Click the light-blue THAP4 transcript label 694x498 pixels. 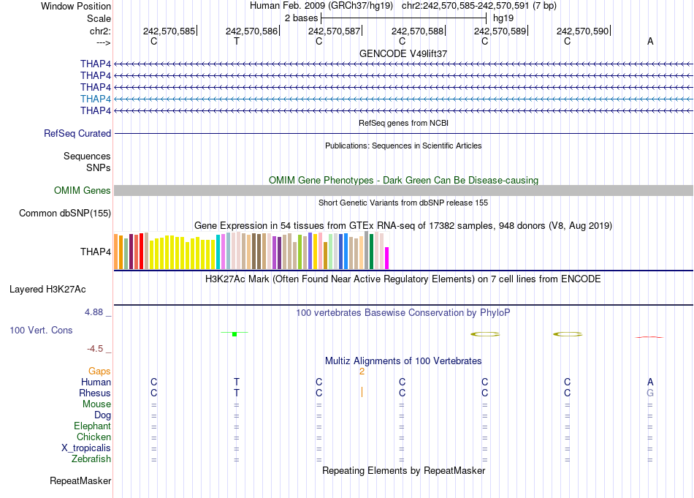tap(96, 99)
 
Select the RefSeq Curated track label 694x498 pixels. tap(77, 134)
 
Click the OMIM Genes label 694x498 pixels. tap(83, 191)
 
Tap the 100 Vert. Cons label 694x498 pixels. tap(41, 331)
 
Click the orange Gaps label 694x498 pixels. tap(99, 371)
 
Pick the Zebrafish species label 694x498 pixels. tap(91, 459)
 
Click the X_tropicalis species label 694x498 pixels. tap(86, 448)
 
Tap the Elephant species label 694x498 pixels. tap(92, 426)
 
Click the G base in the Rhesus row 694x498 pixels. tap(649, 393)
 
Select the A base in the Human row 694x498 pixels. tap(650, 382)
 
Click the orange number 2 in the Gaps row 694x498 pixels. tap(362, 371)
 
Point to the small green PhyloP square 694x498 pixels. tap(234, 333)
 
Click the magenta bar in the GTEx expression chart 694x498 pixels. tap(387, 258)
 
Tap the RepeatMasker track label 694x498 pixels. tap(80, 481)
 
